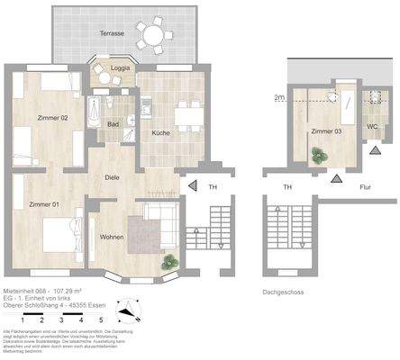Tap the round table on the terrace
click(158, 36)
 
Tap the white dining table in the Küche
click(187, 115)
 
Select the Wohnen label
click(114, 238)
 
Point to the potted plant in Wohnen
click(167, 262)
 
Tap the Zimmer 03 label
click(325, 132)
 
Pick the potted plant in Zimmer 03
click(317, 156)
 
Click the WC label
click(372, 126)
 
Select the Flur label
click(366, 186)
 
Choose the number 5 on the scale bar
click(102, 319)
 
